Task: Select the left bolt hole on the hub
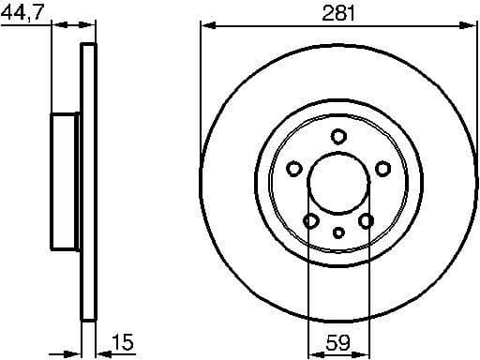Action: click(x=293, y=169)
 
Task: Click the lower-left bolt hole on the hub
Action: click(x=310, y=221)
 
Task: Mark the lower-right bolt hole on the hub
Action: click(x=367, y=221)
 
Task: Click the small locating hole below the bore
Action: click(x=338, y=232)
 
